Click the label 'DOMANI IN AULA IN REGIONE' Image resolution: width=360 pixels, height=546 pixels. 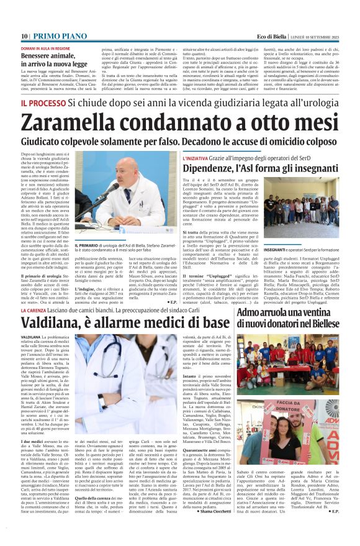(45, 48)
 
